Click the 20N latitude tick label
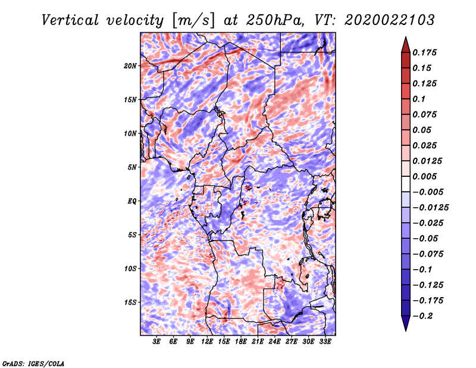pos(130,66)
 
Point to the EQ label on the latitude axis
pos(131,201)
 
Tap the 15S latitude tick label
pos(130,302)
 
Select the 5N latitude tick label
pos(132,167)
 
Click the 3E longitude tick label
pos(156,342)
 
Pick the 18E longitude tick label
pos(241,342)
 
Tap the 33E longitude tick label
pos(325,342)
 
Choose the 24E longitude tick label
pos(274,342)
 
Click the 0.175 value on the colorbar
pos(424,52)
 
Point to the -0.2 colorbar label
pos(422,316)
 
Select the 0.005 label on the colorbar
pos(424,176)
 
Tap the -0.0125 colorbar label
pos(430,208)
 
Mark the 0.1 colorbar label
pos(419,99)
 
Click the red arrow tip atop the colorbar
pos(406,37)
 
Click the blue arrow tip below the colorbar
pos(406,330)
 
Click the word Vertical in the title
pos(70,20)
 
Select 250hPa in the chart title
pos(275,20)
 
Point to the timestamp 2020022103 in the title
pos(390,20)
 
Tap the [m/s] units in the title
pos(193,20)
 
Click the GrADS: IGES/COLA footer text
pos(33,363)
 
